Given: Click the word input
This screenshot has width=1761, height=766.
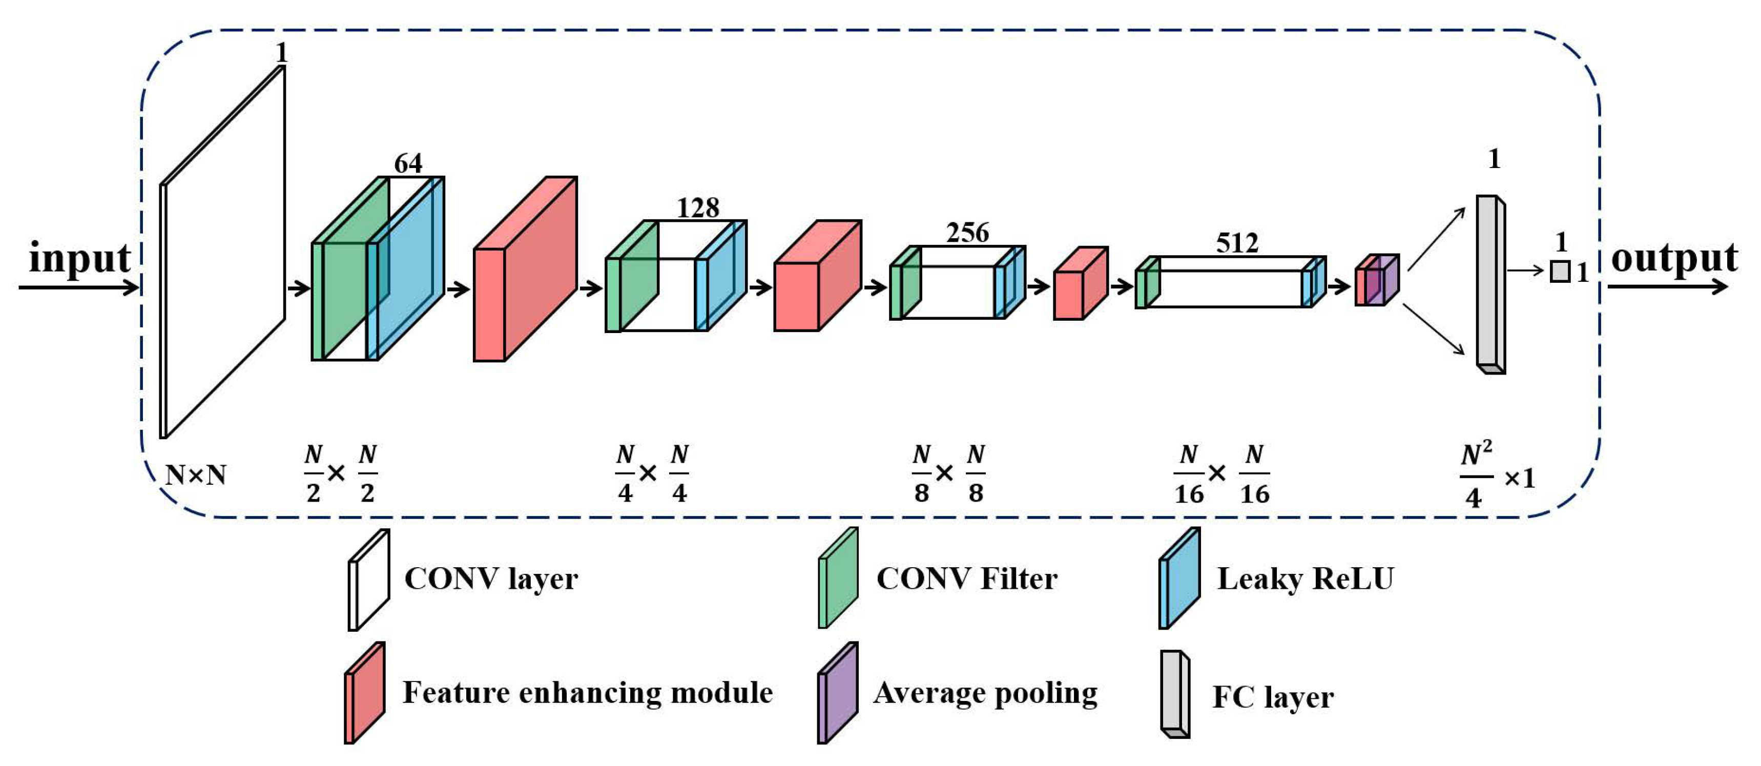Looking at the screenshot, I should coord(80,260).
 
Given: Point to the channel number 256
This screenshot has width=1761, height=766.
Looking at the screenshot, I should coord(967,233).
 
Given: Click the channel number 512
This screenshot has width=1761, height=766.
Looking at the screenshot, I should coord(1237,243).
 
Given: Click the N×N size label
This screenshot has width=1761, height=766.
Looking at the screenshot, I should coord(196,474).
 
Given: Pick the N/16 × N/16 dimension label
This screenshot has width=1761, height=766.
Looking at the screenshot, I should coord(1221,474).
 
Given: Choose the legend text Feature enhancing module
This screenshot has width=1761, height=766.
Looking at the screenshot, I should coord(587,692).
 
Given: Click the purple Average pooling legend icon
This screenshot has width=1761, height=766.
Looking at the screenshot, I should coord(837,693).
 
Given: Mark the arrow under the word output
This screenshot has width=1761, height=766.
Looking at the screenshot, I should coord(1668,286).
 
